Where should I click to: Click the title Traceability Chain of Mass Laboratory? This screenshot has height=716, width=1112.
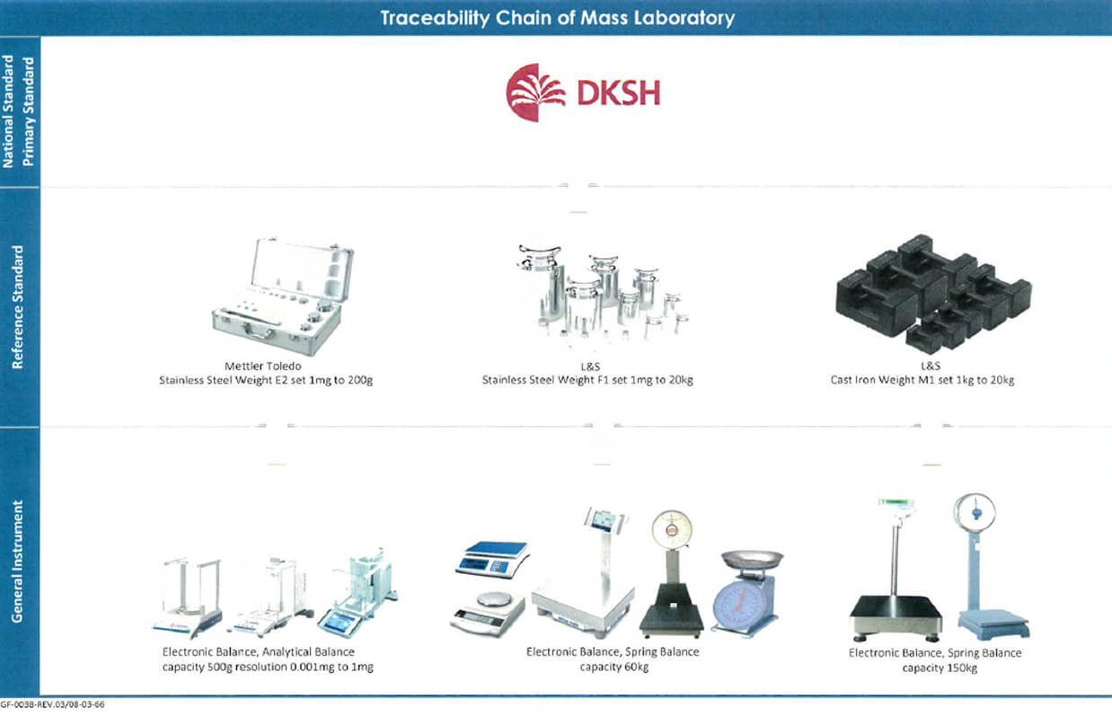(x=557, y=18)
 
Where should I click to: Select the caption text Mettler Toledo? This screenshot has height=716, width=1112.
(x=265, y=366)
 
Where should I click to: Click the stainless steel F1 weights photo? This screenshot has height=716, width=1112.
(x=597, y=292)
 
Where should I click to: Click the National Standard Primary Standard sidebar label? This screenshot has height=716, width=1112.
(x=19, y=110)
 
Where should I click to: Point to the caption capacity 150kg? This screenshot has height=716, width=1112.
(x=934, y=667)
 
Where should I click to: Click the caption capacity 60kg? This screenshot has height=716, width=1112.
(x=613, y=666)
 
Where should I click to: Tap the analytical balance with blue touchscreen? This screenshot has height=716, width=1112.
(x=363, y=597)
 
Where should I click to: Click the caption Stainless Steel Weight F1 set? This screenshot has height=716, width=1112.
(x=587, y=380)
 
